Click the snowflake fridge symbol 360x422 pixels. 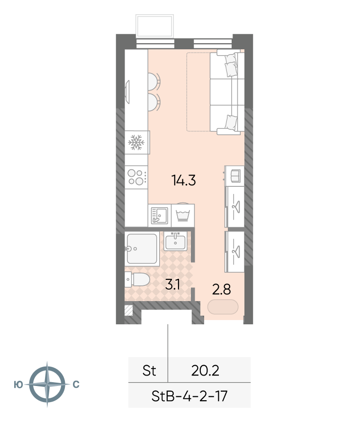[x=136, y=142]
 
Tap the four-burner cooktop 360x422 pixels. [x=136, y=177]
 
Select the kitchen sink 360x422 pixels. [x=160, y=215]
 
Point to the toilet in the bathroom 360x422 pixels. [x=137, y=279]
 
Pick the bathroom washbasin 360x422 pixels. [x=175, y=241]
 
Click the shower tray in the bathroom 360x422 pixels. [x=142, y=248]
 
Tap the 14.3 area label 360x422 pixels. [x=184, y=180]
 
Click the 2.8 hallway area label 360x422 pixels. [x=222, y=290]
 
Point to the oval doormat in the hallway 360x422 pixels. [x=223, y=307]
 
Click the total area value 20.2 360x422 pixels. [x=205, y=371]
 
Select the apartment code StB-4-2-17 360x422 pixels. [x=189, y=396]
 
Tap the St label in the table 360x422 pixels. [x=149, y=371]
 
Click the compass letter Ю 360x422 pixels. [x=18, y=385]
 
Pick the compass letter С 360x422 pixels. [x=76, y=385]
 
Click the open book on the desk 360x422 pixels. [x=235, y=176]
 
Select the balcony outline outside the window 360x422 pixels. [x=154, y=26]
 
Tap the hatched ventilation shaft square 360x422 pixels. [x=129, y=310]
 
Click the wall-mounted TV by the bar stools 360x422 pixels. [x=127, y=92]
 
